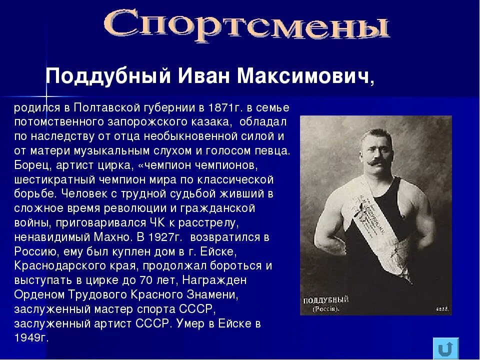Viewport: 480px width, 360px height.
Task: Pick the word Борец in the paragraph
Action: coord(29,164)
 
